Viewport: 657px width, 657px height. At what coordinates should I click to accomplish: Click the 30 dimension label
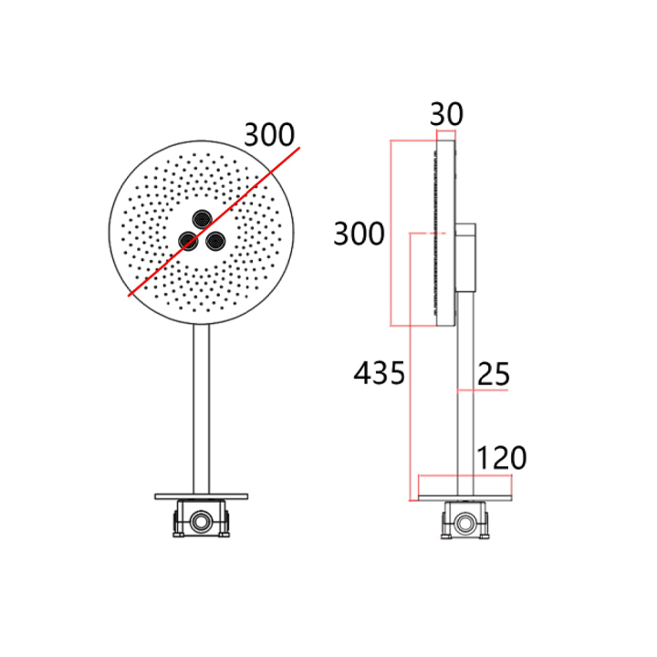point(446,114)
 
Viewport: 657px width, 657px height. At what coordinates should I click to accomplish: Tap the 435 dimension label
point(380,372)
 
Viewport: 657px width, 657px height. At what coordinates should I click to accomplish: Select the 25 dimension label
point(494,374)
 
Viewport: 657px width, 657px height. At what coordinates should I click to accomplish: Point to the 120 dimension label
point(502,457)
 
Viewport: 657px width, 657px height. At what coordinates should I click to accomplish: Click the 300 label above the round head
point(269,135)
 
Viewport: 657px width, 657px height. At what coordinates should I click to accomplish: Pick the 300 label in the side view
point(360,234)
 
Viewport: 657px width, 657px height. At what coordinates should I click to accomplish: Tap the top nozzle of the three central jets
point(202,219)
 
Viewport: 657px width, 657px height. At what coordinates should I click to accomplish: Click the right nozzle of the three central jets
point(215,241)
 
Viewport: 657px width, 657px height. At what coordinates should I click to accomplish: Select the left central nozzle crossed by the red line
point(188,241)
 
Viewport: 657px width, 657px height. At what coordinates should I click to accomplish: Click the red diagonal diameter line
point(214,222)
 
